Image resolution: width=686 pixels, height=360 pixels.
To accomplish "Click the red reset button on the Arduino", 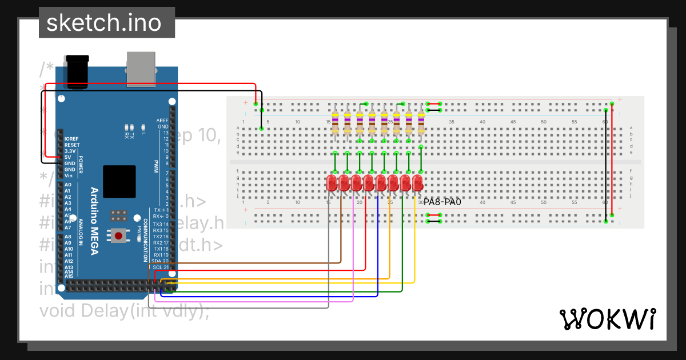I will (119, 235).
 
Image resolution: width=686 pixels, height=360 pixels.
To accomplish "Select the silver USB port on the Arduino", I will (141, 68).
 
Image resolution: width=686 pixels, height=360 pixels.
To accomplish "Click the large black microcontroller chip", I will (119, 182).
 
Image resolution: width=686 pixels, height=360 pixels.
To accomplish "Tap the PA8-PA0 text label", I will (442, 202).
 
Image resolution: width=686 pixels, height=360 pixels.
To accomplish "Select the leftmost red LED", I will (332, 183).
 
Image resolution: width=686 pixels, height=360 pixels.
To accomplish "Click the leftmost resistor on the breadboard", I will (334, 122).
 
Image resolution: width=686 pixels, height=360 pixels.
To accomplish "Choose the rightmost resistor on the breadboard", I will (421, 122).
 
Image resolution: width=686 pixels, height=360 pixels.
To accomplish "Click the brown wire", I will (341, 240).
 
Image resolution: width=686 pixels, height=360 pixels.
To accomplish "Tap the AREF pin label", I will (162, 121).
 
